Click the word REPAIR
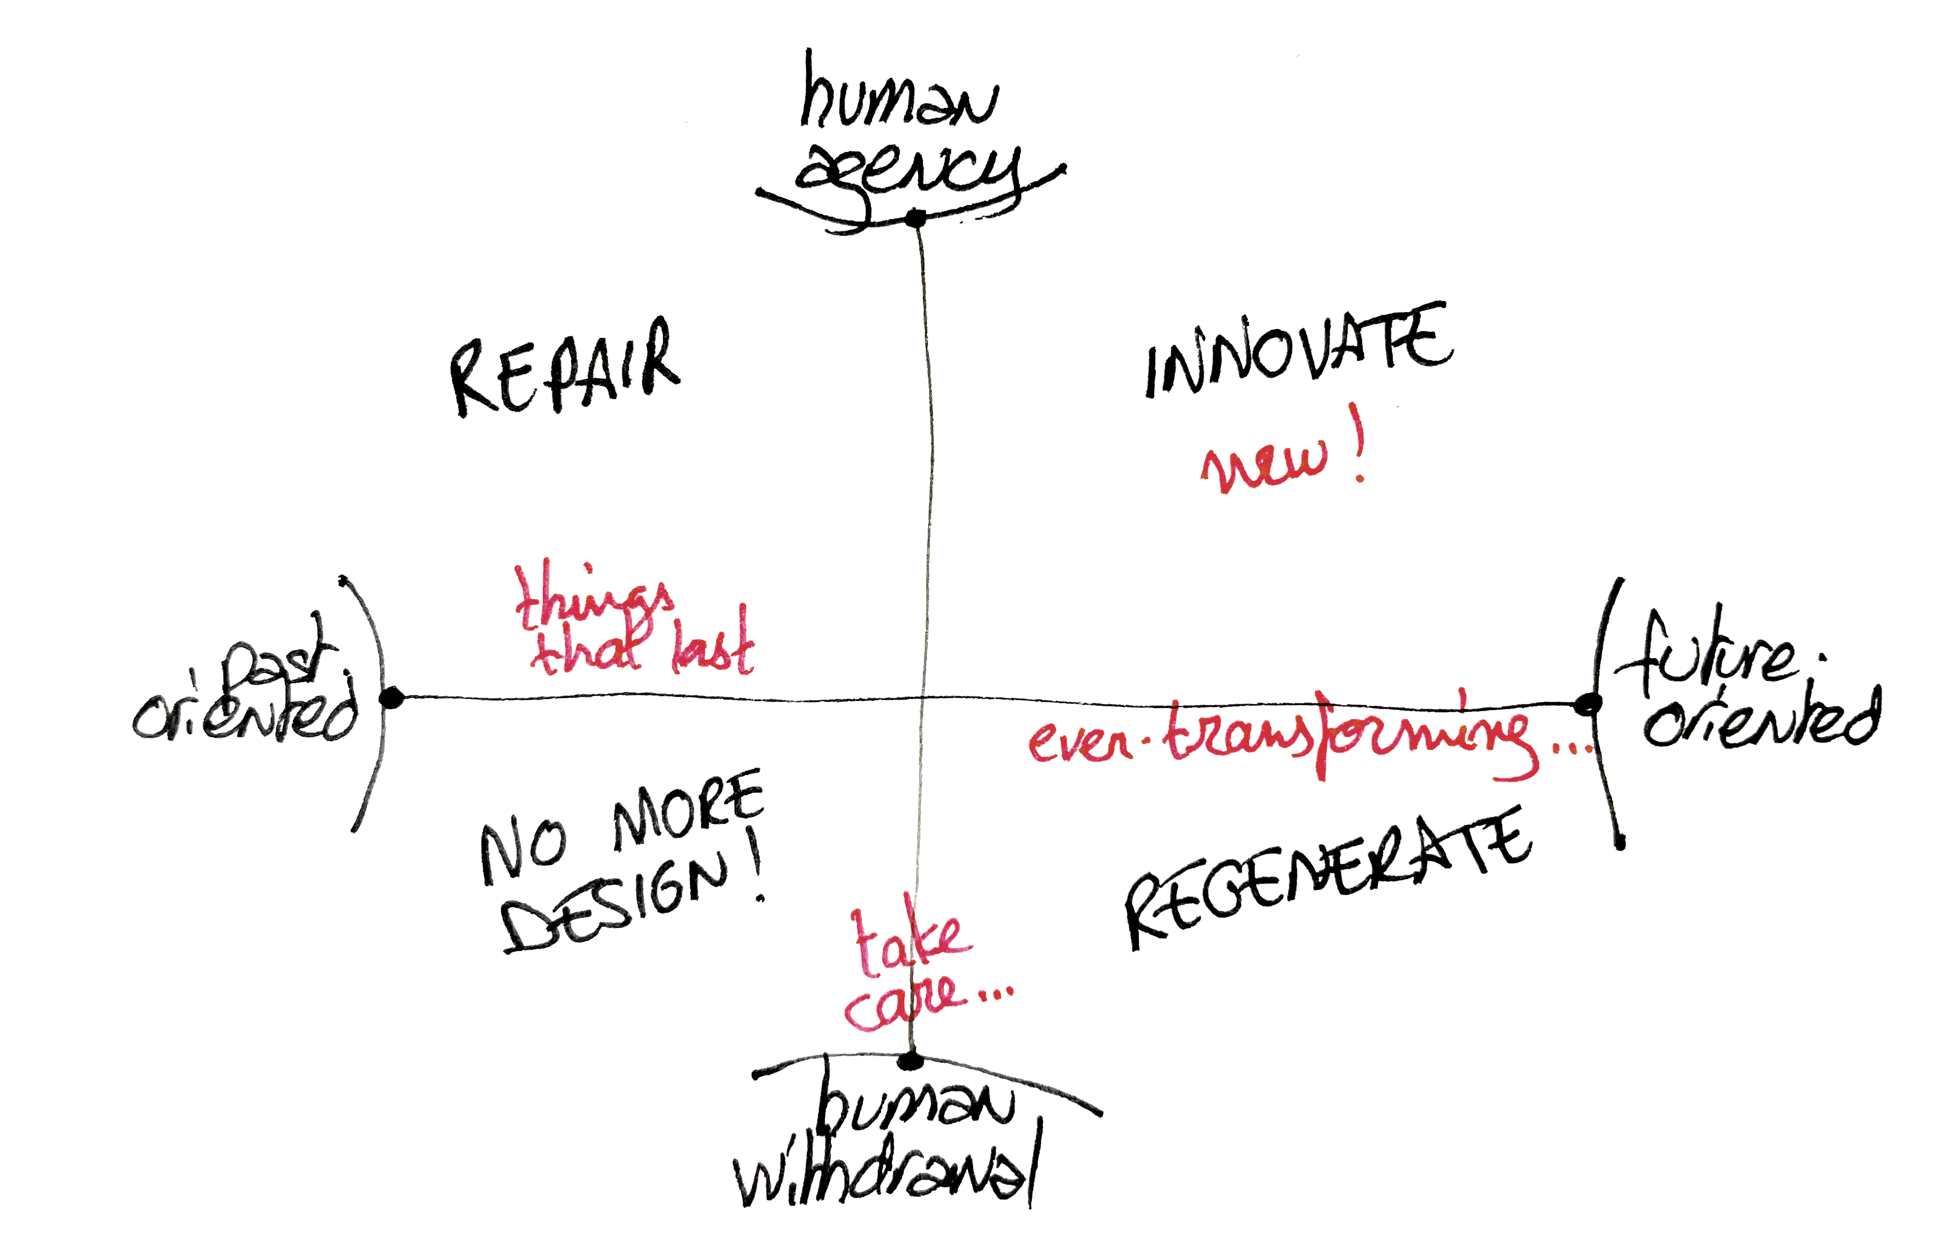coord(563,368)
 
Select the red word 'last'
coord(712,649)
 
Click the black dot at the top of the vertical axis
coord(916,218)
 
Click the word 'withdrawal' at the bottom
coord(886,1176)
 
